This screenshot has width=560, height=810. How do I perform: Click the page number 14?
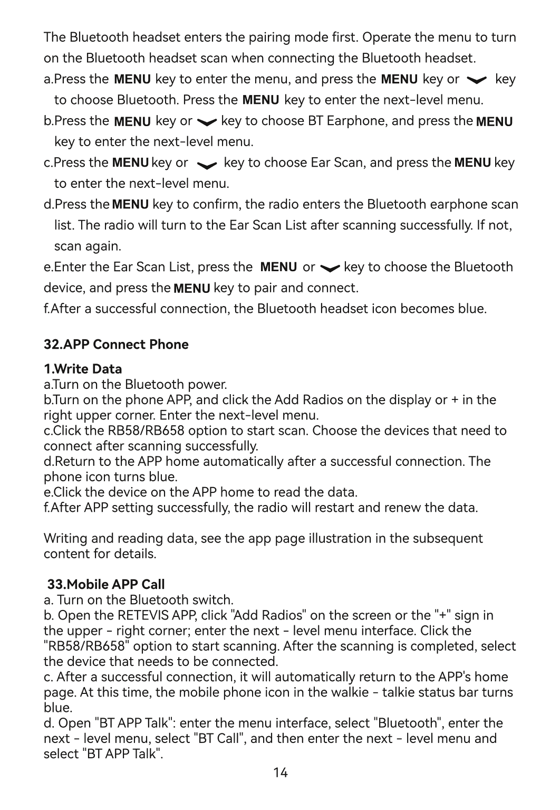(281, 773)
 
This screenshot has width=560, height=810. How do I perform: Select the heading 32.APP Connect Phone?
(116, 345)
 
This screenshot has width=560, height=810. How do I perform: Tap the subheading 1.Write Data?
(83, 368)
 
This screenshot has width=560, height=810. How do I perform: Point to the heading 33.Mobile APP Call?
(106, 584)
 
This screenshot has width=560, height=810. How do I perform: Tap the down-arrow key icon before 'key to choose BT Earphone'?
(206, 122)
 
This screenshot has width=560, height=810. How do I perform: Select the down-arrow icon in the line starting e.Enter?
(330, 268)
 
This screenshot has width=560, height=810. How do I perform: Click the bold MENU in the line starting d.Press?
(131, 204)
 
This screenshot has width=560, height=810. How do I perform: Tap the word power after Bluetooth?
(209, 384)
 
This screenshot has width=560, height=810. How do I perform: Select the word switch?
(214, 600)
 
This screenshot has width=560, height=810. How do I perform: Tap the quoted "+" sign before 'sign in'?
(443, 615)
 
